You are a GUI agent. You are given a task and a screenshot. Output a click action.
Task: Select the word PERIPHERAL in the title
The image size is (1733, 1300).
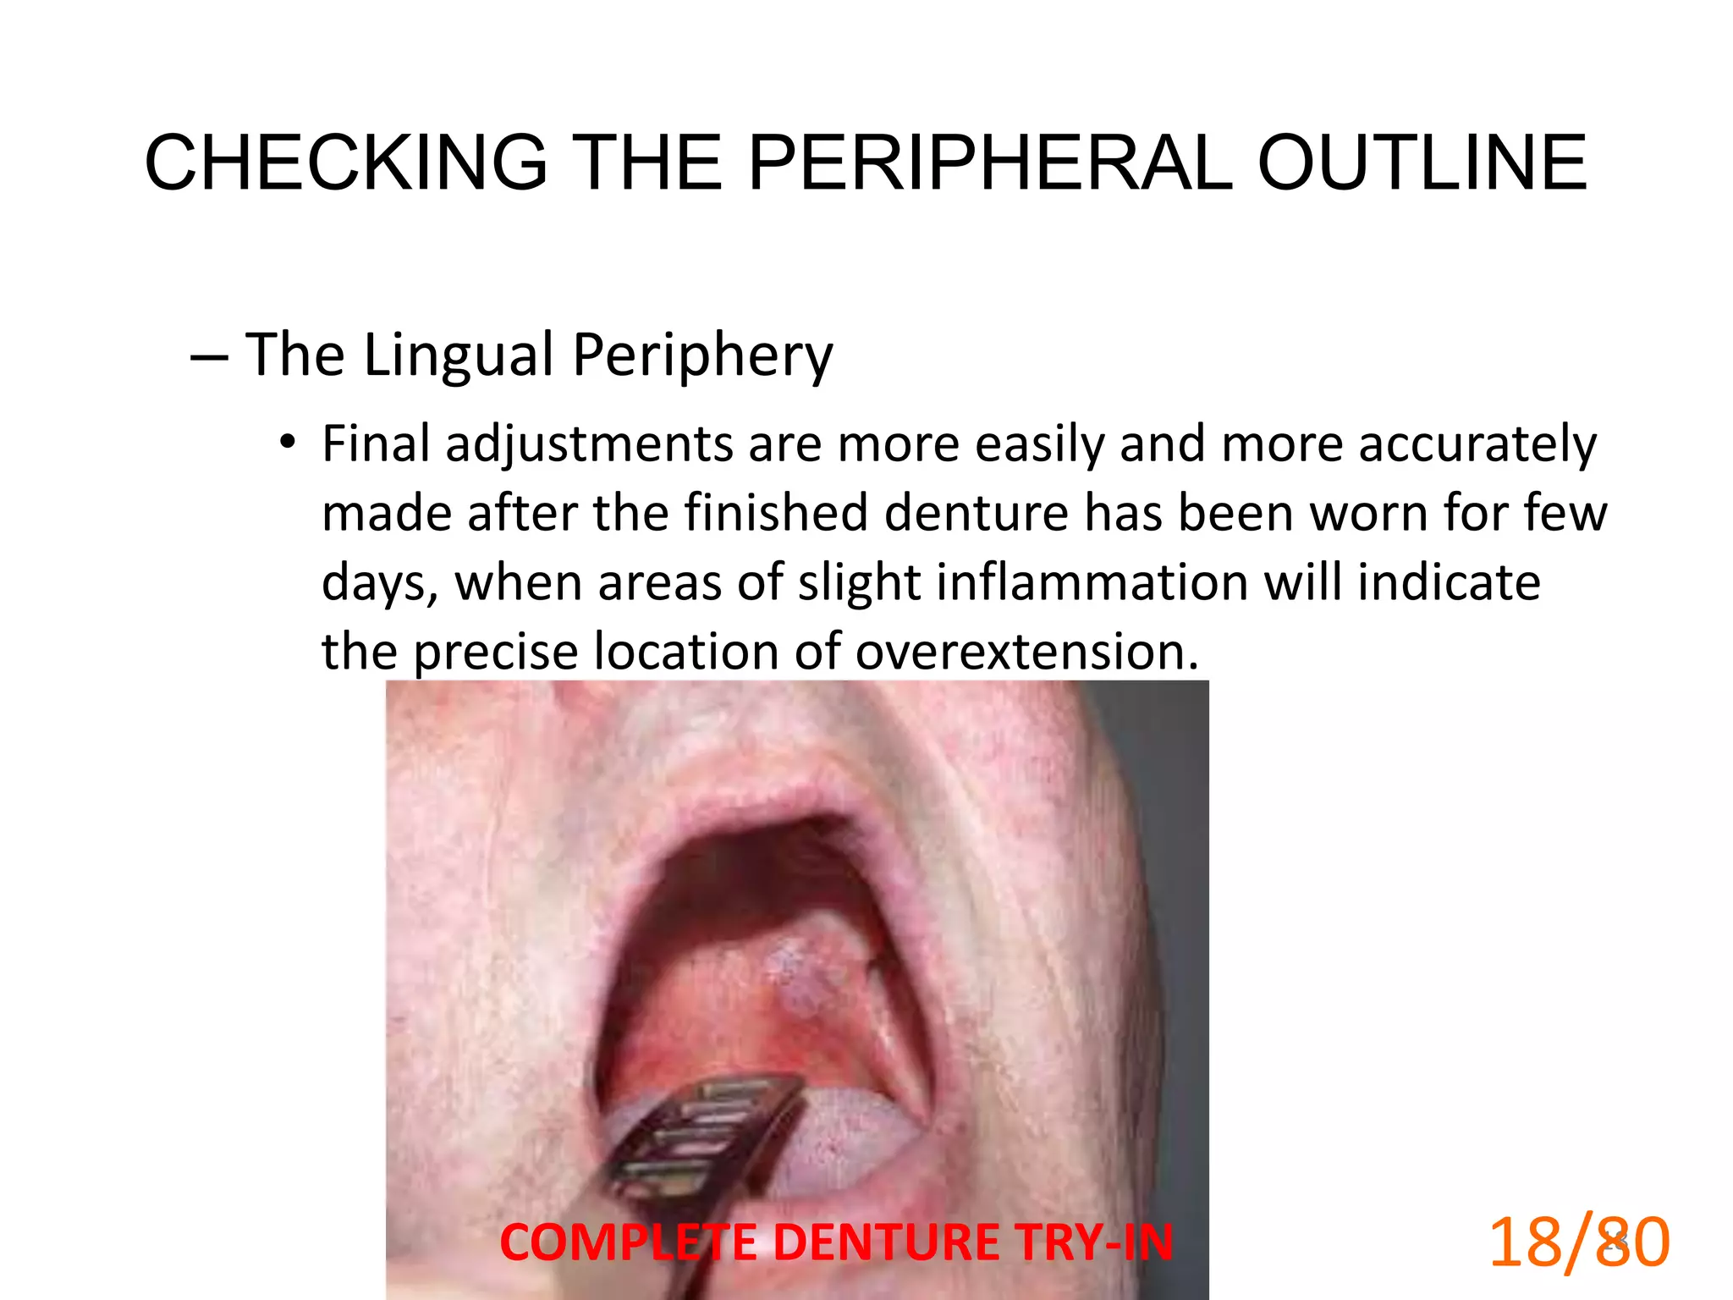coord(990,162)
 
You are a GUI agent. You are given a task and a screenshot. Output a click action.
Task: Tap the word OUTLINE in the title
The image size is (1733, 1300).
coord(1422,162)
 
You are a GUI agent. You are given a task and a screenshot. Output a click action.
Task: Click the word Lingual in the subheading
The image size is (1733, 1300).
coord(459,354)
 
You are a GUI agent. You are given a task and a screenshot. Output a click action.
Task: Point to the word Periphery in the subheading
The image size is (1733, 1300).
coord(702,355)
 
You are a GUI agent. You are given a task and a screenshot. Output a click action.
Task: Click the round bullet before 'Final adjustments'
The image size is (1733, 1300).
coord(289,442)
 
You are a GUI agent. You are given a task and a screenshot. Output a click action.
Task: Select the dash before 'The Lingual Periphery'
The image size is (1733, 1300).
coord(208,357)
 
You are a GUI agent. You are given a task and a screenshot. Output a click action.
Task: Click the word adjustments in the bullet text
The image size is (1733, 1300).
coord(590,445)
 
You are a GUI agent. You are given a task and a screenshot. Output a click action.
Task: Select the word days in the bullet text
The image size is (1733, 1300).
coord(378,584)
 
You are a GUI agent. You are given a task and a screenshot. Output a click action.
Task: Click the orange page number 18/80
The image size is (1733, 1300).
coord(1579,1242)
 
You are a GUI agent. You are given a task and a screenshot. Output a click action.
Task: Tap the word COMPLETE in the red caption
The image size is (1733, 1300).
coord(628,1242)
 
